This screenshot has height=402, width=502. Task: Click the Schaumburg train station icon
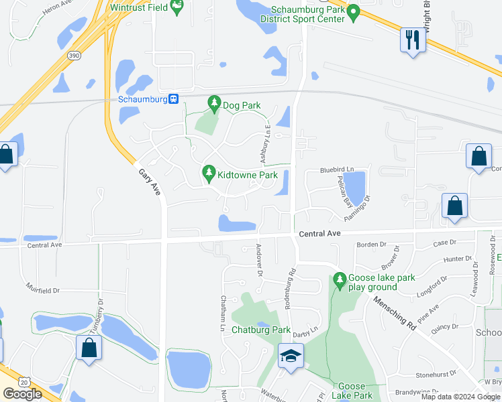pos(173,98)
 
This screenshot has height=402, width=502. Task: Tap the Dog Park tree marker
pos(213,103)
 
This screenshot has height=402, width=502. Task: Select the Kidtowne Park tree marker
pos(209,174)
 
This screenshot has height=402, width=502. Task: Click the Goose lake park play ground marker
pos(340,280)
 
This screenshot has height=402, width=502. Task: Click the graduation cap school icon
pos(291,355)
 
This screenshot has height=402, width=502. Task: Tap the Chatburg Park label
pos(261,330)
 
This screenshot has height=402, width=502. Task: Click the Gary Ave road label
pos(150,182)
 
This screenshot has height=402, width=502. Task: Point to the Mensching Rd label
pos(395,312)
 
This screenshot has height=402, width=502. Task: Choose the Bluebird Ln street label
pos(336,170)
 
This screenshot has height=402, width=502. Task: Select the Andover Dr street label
pos(258,260)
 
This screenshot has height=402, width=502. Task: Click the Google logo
pos(23,394)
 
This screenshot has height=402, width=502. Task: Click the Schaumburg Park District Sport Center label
pos(308,14)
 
